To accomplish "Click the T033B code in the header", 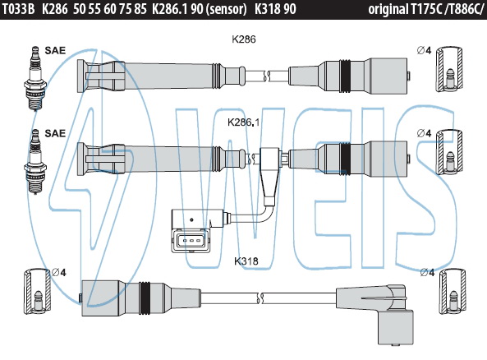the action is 18,9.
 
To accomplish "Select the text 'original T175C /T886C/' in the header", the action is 426,10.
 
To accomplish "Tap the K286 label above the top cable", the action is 244,39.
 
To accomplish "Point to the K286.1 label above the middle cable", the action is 243,122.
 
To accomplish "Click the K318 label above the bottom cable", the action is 246,261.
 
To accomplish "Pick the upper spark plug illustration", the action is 35,78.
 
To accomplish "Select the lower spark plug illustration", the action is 35,162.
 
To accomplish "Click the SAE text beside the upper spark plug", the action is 55,50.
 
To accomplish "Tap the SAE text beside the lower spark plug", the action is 55,133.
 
